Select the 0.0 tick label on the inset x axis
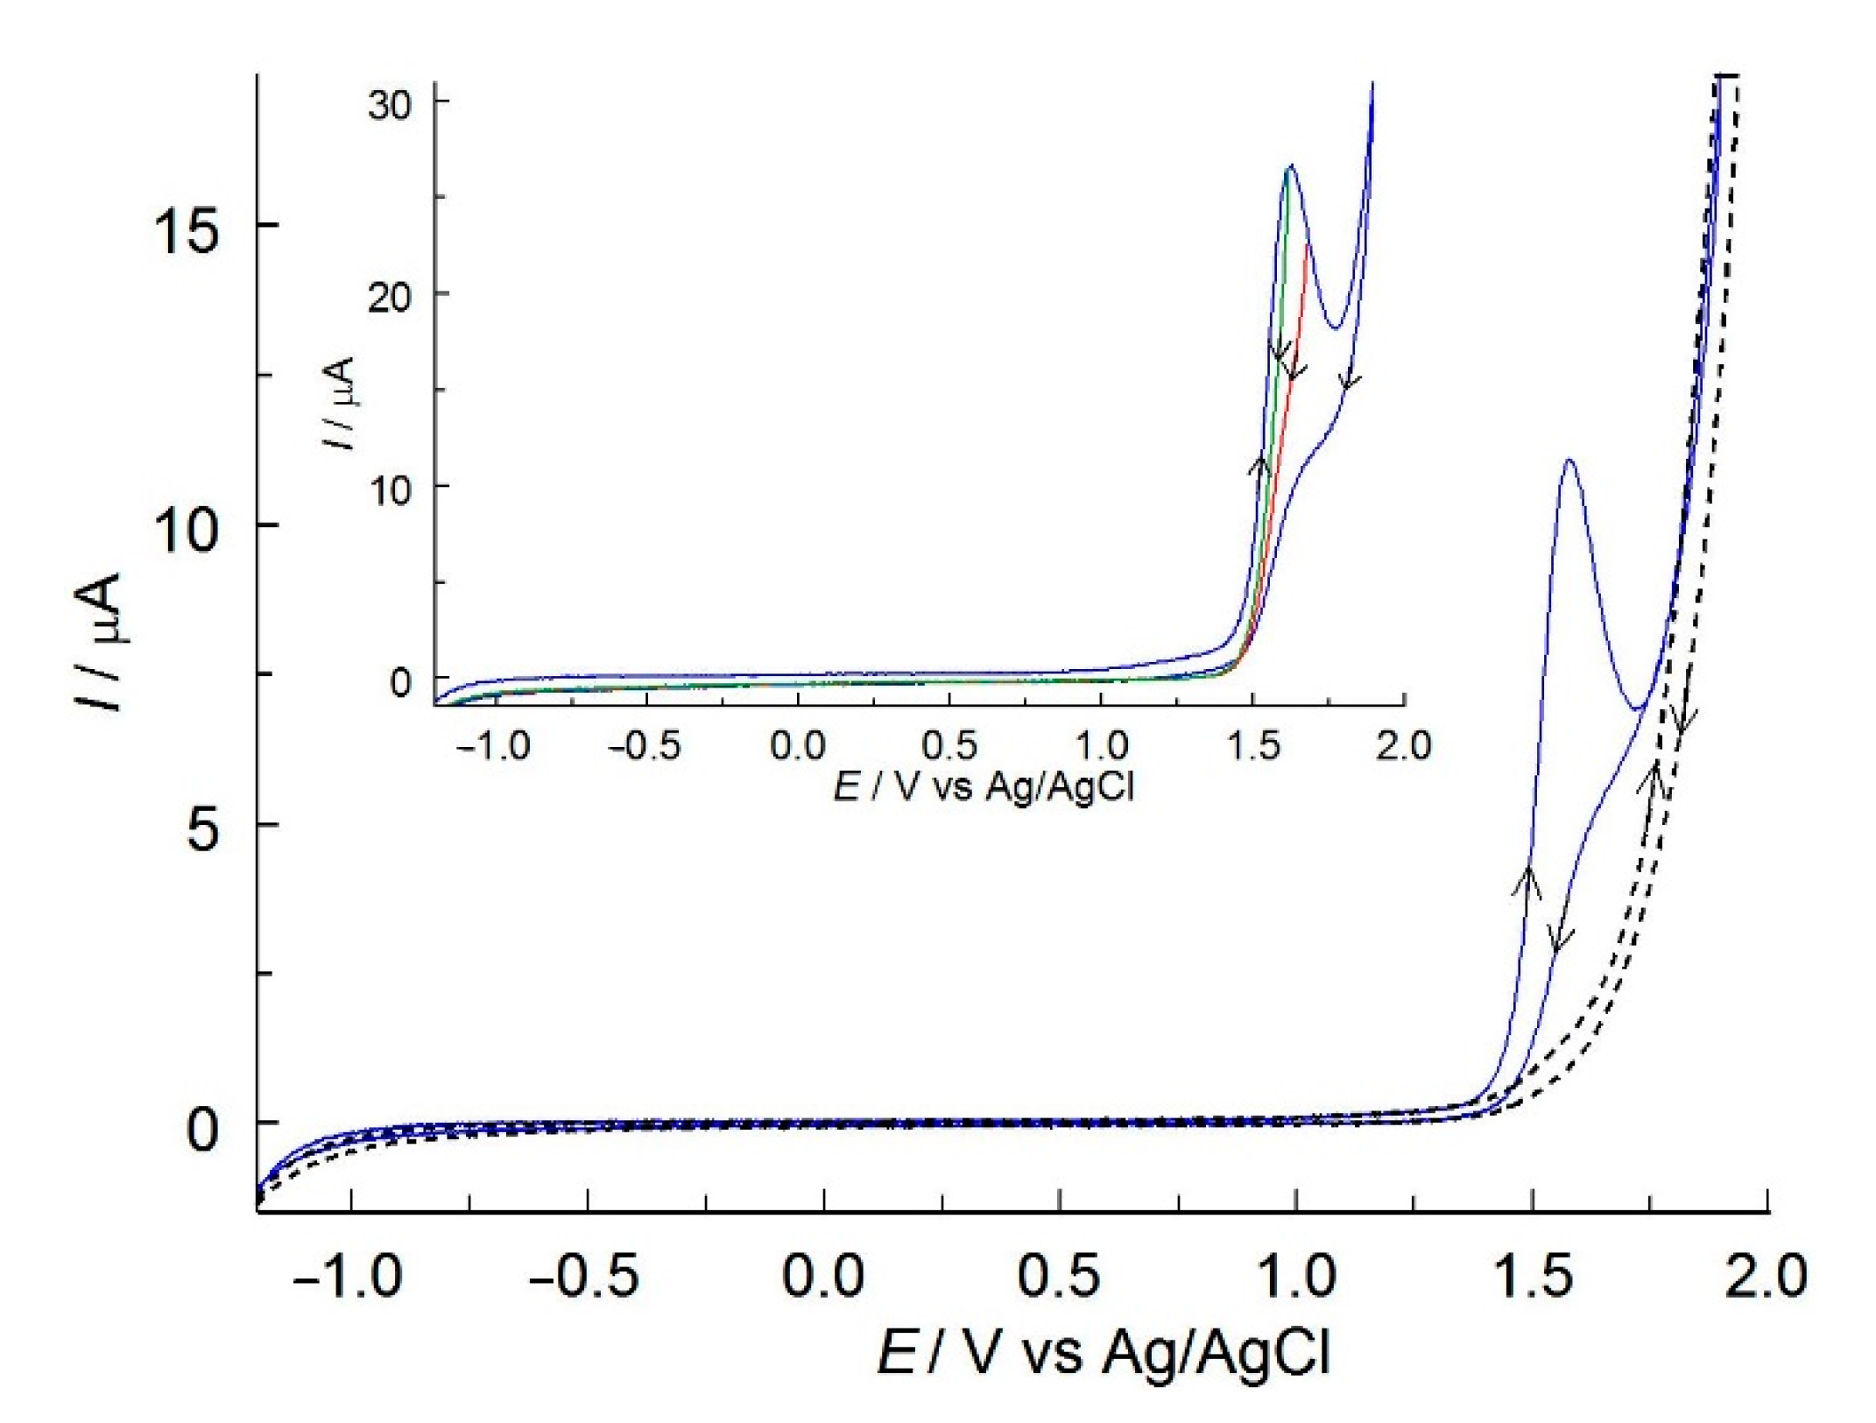797,746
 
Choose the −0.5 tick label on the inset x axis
644,746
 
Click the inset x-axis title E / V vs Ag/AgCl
984,786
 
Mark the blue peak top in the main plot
1569,461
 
